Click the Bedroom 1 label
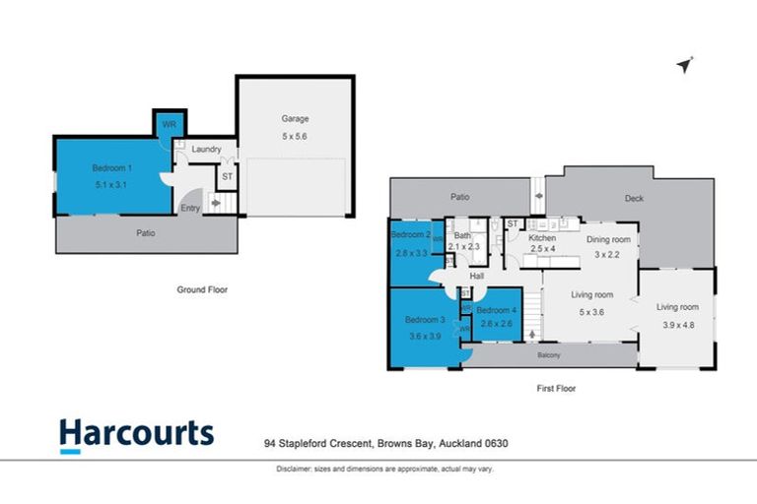click(x=112, y=167)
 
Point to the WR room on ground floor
click(x=169, y=125)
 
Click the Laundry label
click(x=206, y=150)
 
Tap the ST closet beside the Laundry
click(x=226, y=177)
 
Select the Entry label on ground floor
click(x=189, y=208)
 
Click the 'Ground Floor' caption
click(x=203, y=290)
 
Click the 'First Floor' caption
click(x=556, y=388)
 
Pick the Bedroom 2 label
click(x=410, y=235)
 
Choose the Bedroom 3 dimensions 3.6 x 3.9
click(x=424, y=337)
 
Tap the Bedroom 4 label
click(x=497, y=310)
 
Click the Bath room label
click(x=461, y=235)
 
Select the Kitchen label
click(x=543, y=238)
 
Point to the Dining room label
click(x=608, y=239)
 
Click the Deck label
click(x=634, y=199)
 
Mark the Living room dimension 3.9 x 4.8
click(x=677, y=325)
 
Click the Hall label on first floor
click(x=476, y=277)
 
